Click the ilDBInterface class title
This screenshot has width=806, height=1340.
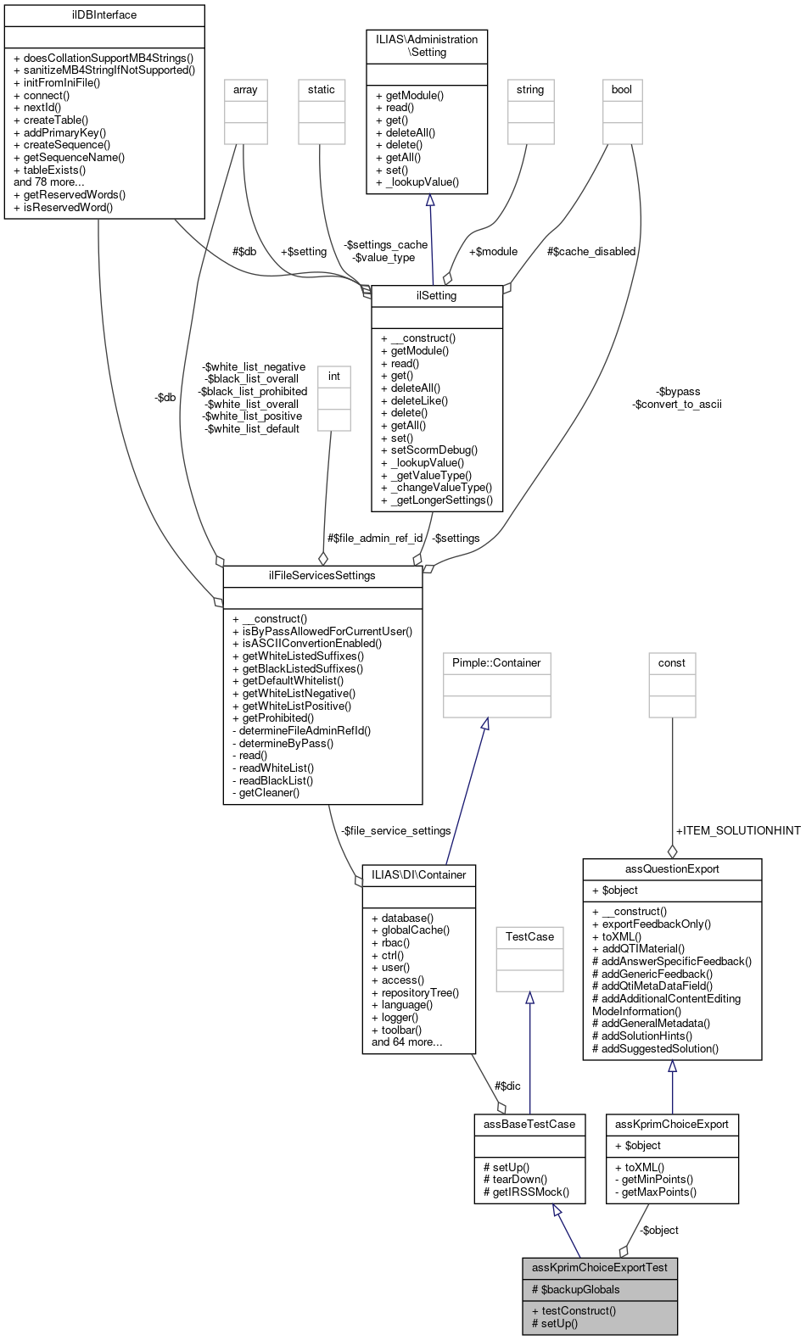104,15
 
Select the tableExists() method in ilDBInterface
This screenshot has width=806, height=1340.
54,170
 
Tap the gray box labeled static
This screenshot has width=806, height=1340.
322,90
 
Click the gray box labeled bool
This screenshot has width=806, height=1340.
622,90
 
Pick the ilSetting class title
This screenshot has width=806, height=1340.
436,296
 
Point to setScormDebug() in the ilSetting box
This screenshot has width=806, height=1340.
434,450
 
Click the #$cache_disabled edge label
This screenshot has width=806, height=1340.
591,252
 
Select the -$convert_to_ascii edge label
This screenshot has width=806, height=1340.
676,405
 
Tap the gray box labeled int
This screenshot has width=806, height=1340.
334,377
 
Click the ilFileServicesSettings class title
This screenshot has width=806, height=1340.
322,576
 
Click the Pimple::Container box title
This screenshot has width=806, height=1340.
496,663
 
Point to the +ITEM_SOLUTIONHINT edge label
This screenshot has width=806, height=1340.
737,831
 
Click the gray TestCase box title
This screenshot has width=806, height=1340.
529,937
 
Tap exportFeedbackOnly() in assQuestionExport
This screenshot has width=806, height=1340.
656,924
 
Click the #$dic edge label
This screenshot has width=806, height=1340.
507,1086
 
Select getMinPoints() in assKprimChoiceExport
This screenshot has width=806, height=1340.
657,1180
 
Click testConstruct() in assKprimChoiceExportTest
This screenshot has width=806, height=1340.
579,1311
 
